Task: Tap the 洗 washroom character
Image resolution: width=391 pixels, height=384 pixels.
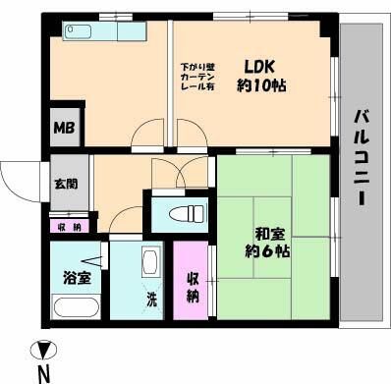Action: [152, 298]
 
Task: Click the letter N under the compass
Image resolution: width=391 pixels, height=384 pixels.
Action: [43, 372]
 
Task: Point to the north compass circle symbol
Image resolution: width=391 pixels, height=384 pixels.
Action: [41, 349]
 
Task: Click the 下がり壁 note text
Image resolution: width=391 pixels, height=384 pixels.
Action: [196, 68]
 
